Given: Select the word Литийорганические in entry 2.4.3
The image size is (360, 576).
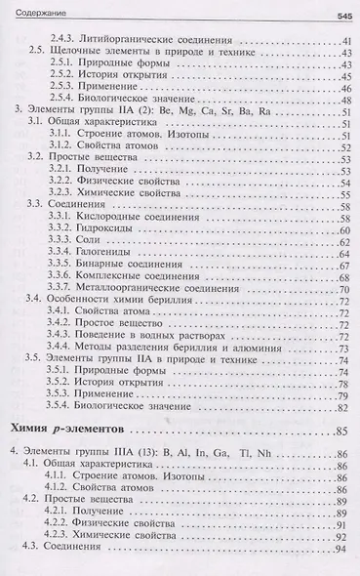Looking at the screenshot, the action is point(131,36).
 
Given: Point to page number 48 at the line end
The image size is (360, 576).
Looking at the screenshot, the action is point(343,101).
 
